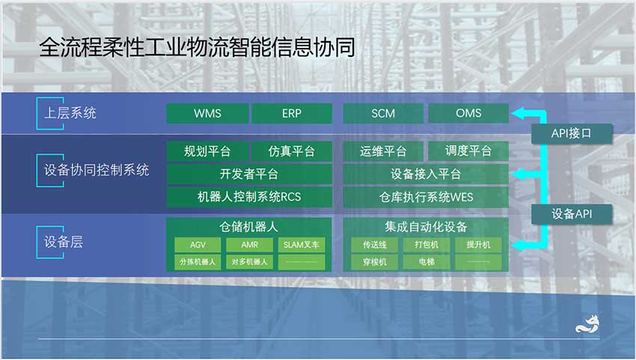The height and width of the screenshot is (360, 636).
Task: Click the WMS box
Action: point(207,113)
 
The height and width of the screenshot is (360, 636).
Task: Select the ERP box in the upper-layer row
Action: point(292,113)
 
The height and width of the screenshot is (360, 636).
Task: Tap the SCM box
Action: point(383,113)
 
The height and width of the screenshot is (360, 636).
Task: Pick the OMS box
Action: point(468,113)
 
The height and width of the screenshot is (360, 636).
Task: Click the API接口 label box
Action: point(572,133)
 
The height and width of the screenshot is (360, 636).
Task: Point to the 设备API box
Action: point(572,214)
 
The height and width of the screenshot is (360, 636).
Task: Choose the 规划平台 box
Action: point(207,151)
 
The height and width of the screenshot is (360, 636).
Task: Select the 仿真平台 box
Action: point(292,151)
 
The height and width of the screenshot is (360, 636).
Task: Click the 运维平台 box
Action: point(383,151)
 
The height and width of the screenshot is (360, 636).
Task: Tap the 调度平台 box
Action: point(468,151)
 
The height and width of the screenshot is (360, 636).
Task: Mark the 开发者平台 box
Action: point(249,174)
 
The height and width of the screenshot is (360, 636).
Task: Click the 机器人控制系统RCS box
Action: point(249,197)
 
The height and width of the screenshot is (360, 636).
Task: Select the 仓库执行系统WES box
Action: point(426,197)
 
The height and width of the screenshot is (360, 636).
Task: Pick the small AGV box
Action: point(198,245)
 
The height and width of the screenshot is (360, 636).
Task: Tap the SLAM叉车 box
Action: point(302,245)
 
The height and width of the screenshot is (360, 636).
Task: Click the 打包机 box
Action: point(426,245)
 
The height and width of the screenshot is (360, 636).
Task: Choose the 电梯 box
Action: point(426,262)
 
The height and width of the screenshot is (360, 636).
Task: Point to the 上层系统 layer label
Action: point(70,113)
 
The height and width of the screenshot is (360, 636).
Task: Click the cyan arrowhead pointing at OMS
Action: point(519,113)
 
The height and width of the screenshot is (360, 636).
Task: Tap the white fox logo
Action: point(587,324)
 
